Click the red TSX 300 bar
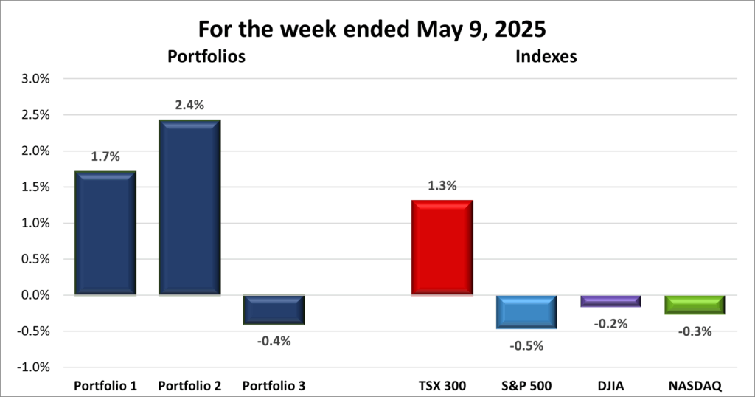pos(442,248)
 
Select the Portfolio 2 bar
pos(189,207)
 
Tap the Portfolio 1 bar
pos(105,233)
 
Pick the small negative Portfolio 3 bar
pos(274,310)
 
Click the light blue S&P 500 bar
pos(526,312)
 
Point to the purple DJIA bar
pos(610,301)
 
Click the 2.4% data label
pos(189,106)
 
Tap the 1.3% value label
pos(442,186)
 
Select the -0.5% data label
pos(526,345)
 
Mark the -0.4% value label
pos(274,341)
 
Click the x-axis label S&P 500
pos(526,385)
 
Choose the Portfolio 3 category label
pos(274,385)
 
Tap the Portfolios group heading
pos(206,56)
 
